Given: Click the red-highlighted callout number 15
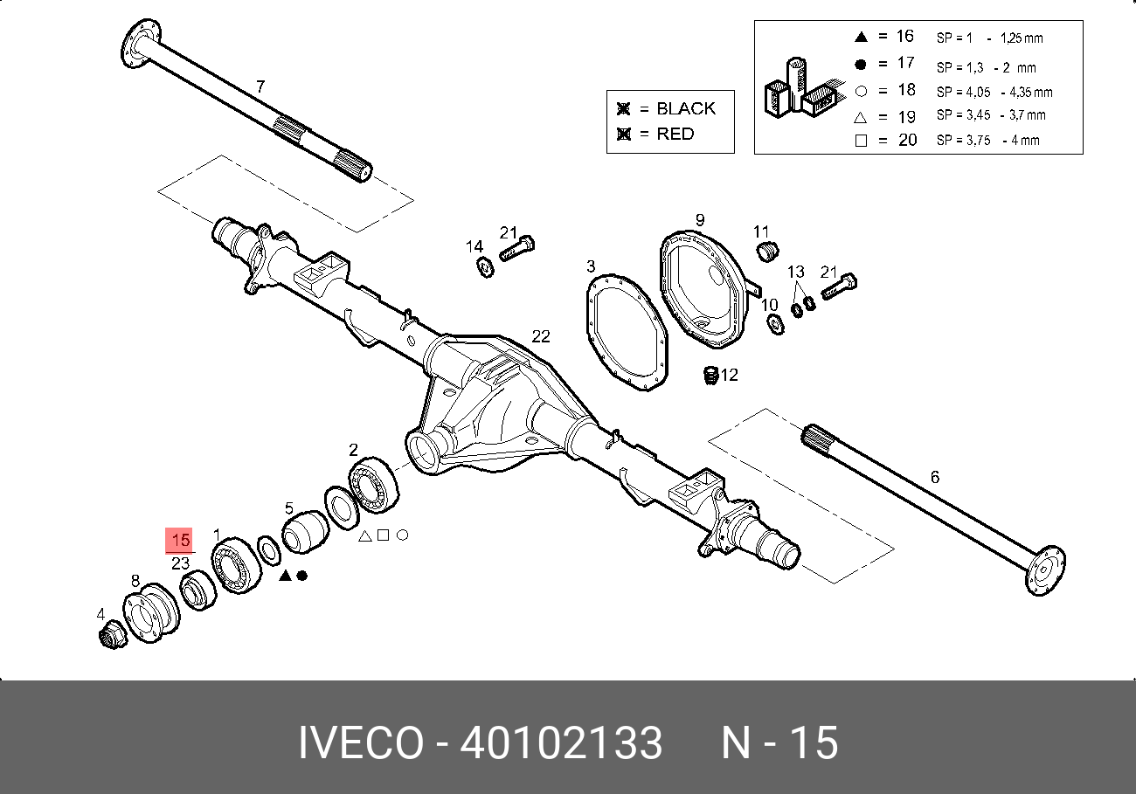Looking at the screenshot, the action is tap(181, 541).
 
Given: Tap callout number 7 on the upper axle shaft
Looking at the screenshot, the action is tap(260, 86).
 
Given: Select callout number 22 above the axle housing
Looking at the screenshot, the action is tap(542, 336).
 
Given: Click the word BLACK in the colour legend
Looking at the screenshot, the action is tap(685, 109).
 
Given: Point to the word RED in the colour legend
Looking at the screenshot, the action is tap(675, 134).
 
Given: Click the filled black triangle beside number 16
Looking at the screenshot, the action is tap(860, 37).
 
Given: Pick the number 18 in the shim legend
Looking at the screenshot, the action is tap(905, 89).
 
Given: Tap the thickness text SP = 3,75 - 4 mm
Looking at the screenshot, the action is tap(987, 140).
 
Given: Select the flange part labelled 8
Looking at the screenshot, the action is tap(149, 615).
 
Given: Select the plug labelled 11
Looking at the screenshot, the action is tap(765, 252).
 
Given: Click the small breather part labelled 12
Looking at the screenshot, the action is tap(710, 376).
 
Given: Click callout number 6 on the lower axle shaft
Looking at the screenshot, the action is tap(935, 477).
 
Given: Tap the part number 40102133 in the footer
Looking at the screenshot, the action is tap(561, 743).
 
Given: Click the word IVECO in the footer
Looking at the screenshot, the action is tap(359, 743).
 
